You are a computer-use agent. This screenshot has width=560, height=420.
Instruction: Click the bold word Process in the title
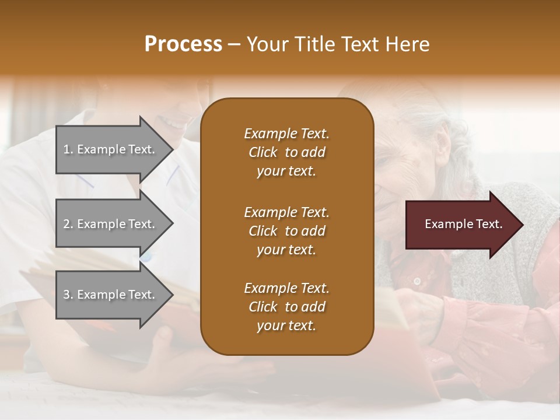183,44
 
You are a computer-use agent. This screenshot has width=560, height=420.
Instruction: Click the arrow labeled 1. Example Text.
111,149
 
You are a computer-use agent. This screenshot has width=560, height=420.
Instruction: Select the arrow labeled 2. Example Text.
111,224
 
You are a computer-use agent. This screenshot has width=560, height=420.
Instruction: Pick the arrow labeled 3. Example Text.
111,295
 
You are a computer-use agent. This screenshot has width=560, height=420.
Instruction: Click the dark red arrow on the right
461,225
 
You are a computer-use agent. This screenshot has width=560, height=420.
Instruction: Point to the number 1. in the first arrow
68,149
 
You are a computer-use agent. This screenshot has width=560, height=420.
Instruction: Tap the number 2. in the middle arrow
68,224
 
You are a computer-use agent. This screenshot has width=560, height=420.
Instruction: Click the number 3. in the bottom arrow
68,295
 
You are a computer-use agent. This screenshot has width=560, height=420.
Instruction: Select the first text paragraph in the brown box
286,152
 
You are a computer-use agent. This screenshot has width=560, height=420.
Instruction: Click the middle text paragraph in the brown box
286,231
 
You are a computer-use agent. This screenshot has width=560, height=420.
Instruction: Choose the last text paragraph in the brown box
286,307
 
